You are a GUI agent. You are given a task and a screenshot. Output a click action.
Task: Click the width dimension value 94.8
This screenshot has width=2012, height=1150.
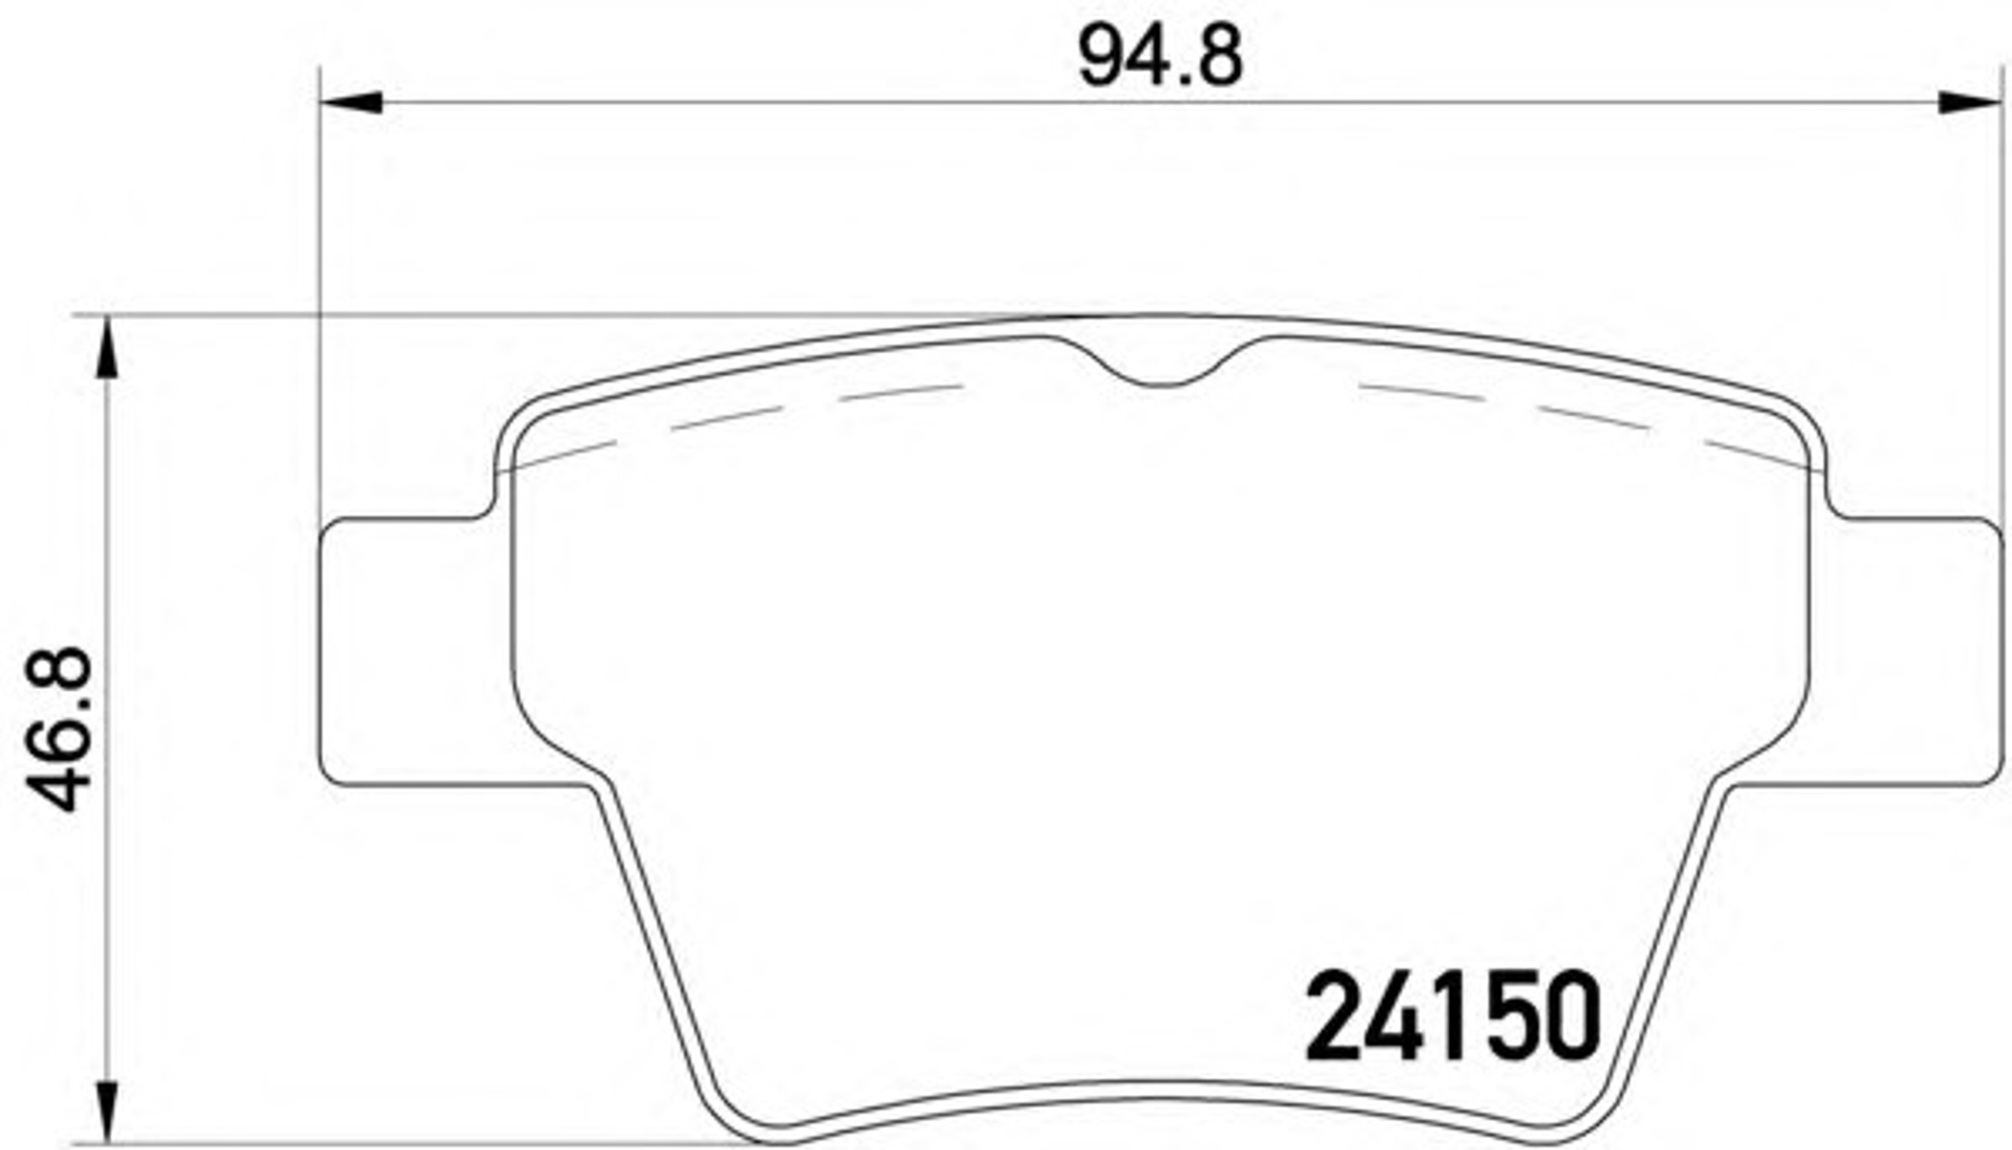pyautogui.click(x=1160, y=57)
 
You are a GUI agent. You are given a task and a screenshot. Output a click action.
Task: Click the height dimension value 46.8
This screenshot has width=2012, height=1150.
pyautogui.click(x=59, y=728)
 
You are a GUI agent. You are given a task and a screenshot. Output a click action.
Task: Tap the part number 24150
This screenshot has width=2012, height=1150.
pyautogui.click(x=1453, y=1015)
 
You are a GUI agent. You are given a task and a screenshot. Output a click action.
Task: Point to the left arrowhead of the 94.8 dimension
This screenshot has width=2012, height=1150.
pyautogui.click(x=352, y=102)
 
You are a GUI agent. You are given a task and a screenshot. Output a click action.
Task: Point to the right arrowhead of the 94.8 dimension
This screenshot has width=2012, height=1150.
pyautogui.click(x=1970, y=102)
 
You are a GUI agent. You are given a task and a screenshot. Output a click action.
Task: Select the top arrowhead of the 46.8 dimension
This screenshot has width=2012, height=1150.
pyautogui.click(x=106, y=348)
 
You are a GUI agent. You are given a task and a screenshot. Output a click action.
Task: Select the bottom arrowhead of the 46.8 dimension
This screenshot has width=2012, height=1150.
pyautogui.click(x=106, y=1112)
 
